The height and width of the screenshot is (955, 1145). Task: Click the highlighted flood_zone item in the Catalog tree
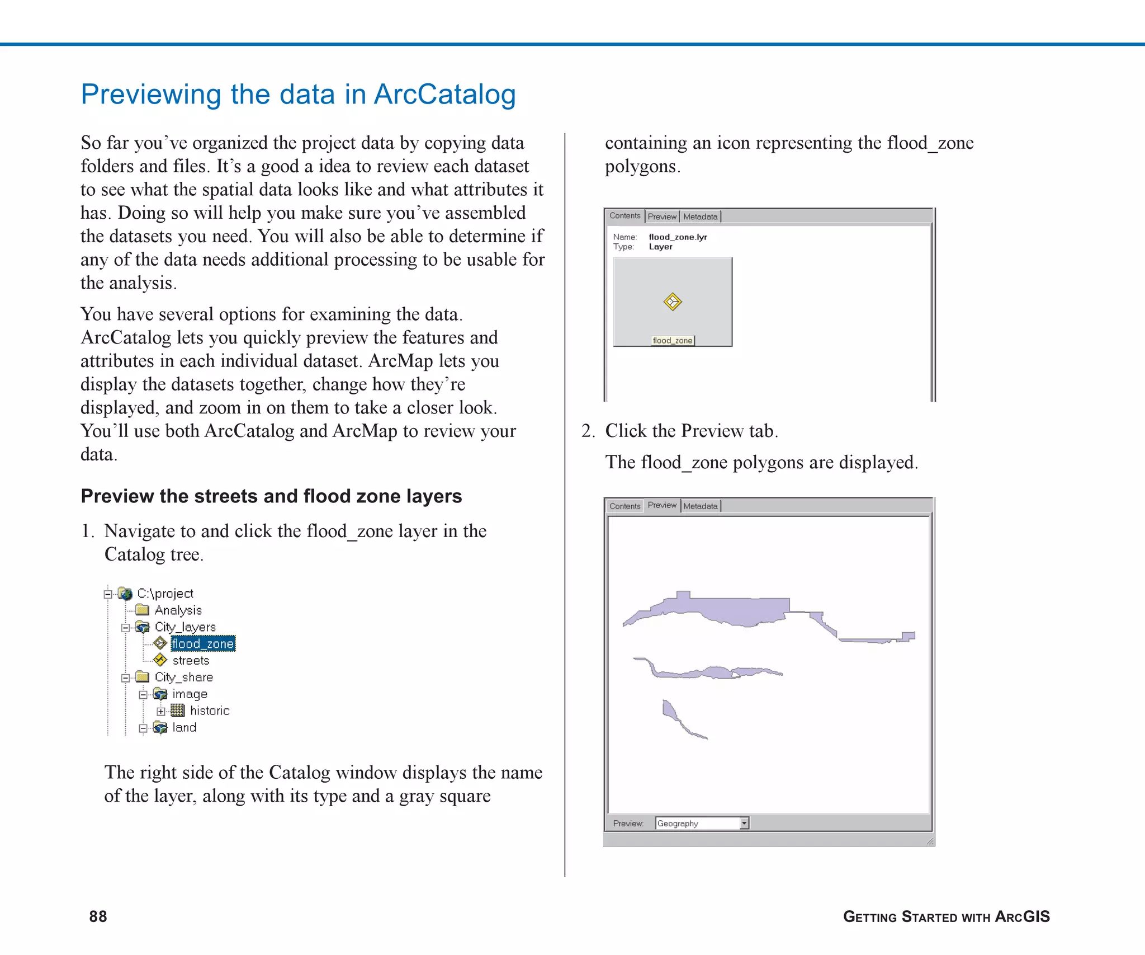[202, 644]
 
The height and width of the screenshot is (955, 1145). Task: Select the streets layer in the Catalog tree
[190, 661]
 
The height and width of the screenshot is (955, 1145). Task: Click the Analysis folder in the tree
[178, 610]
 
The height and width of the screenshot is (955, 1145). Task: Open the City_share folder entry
[183, 678]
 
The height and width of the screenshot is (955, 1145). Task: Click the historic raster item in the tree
[209, 711]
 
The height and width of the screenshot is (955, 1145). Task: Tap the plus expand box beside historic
[161, 712]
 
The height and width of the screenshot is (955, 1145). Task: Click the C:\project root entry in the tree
[165, 594]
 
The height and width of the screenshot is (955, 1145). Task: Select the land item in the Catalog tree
[184, 728]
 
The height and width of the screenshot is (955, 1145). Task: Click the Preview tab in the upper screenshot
[662, 217]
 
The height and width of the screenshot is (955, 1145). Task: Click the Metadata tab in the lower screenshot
[701, 506]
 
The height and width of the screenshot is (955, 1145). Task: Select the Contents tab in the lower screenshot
[624, 506]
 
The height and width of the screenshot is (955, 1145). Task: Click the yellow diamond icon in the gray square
[673, 302]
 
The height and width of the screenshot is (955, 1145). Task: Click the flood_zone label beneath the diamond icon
[673, 341]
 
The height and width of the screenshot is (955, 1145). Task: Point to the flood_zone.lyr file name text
[678, 237]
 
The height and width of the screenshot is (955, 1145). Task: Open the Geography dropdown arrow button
[744, 824]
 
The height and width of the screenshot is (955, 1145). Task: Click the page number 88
[98, 916]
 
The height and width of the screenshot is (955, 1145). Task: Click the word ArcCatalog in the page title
[444, 95]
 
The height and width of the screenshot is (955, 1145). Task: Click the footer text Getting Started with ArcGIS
[946, 917]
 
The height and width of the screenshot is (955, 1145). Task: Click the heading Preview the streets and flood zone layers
[271, 496]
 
